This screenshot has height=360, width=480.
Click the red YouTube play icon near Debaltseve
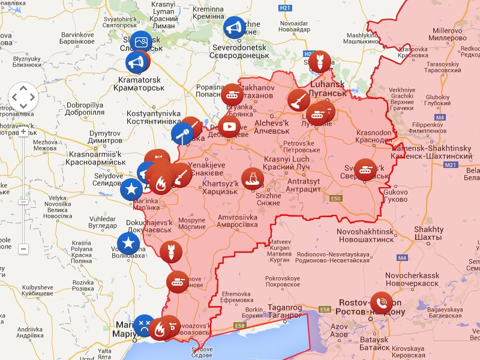229,127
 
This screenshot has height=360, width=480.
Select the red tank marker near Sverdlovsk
365,169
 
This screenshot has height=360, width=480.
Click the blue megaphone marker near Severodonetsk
235,27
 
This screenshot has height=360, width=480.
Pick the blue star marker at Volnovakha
128,244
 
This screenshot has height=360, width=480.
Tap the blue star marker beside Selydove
131,190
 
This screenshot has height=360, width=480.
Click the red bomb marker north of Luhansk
320,61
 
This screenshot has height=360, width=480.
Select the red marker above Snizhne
253,178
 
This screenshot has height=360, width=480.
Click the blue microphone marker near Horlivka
182,134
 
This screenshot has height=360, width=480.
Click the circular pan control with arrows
23,97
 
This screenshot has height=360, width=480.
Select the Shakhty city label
429,233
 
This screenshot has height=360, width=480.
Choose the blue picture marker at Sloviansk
142,42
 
